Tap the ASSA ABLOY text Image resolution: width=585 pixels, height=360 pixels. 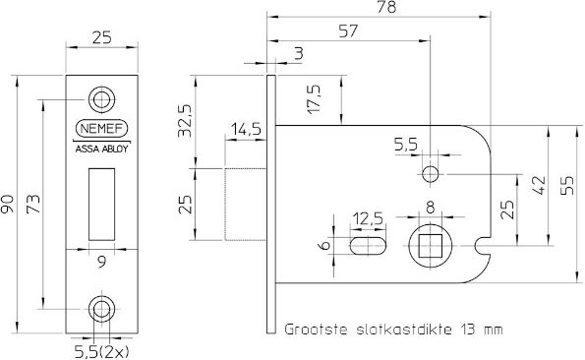[101, 150]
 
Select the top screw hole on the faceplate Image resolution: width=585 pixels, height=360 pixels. [101, 98]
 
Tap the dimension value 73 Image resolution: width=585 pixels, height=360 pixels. [33, 205]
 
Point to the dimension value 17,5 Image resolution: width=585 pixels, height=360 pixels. [314, 100]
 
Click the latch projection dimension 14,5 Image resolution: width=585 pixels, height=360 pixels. [246, 130]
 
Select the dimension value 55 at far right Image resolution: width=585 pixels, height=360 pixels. [567, 185]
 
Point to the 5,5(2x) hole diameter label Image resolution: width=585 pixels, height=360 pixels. [100, 347]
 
